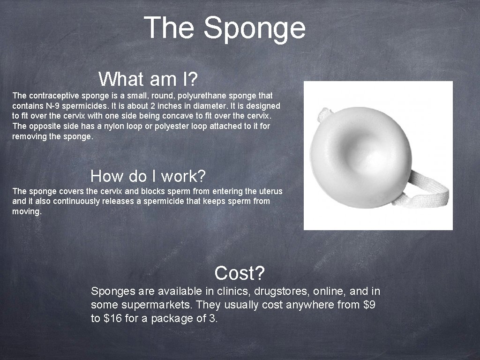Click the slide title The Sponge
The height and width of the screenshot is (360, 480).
[225, 28]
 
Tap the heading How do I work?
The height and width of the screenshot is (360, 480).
[148, 176]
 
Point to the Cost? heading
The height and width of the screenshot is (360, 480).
[240, 272]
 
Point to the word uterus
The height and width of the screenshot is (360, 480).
[270, 191]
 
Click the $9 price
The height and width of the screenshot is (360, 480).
[369, 305]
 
